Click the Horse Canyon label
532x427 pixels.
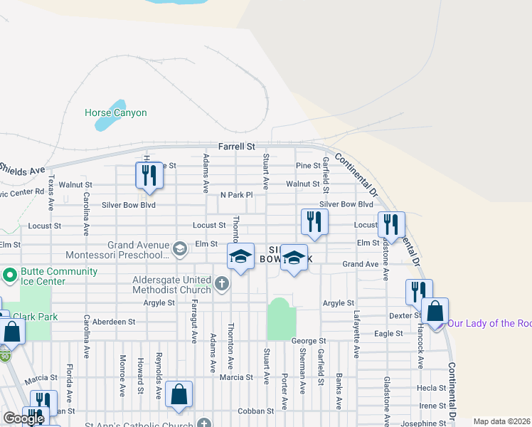click(115, 112)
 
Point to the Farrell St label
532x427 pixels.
click(236, 147)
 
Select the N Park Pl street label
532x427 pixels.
click(236, 194)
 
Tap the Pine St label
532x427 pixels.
click(308, 166)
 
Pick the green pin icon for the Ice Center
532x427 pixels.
click(10, 275)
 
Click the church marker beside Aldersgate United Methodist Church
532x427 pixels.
click(221, 285)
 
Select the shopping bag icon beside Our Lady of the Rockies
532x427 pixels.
click(435, 311)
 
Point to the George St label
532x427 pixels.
click(309, 342)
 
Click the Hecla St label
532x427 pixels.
click(432, 389)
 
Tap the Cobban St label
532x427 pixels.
click(255, 411)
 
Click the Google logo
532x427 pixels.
click(23, 418)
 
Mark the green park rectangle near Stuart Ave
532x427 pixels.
click(281, 318)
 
